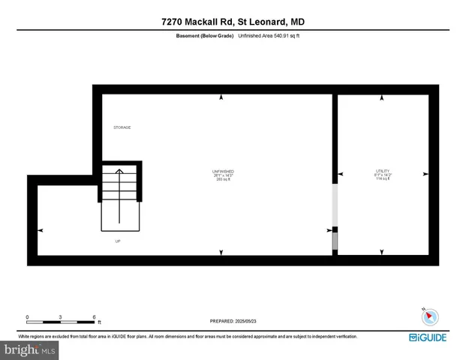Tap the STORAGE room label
122,127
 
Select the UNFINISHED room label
222,172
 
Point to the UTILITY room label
382,171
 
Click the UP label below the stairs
117,241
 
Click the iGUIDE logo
429,337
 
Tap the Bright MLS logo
30,349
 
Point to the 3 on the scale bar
61,316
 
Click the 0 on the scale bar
27,316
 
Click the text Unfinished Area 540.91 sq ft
269,35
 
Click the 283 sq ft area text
222,180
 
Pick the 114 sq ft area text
383,179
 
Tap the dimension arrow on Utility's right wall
425,174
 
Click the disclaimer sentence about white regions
188,337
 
